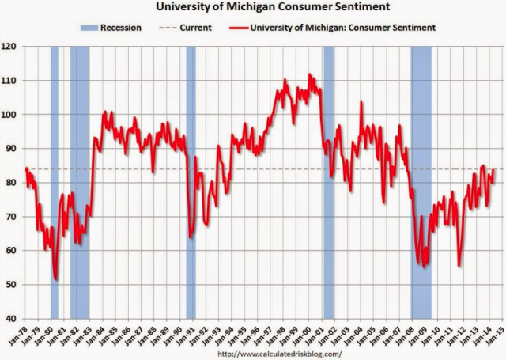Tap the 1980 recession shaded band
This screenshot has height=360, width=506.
[x=55, y=182]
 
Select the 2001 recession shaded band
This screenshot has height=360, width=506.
[x=328, y=182]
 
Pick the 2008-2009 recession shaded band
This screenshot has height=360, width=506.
[x=421, y=182]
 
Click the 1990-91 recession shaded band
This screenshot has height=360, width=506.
[x=191, y=182]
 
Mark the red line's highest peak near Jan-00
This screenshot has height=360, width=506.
[x=310, y=74]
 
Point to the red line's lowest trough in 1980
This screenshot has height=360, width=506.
[x=55, y=279]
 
